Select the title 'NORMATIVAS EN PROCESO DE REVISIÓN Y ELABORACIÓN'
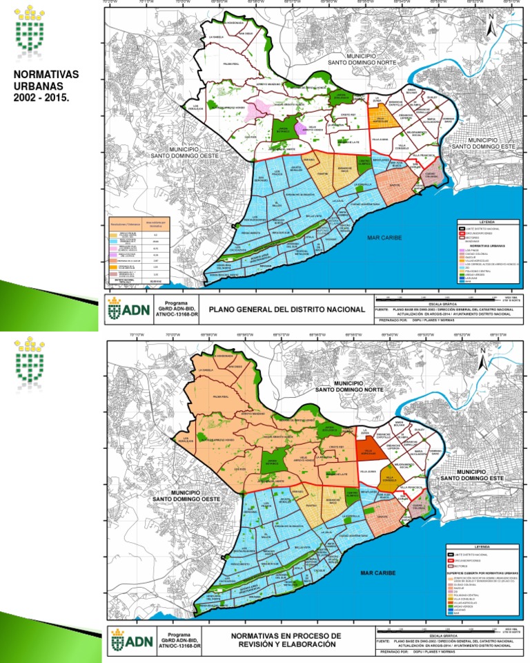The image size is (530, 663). [x=286, y=640]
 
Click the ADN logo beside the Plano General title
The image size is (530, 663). [x=129, y=310]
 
